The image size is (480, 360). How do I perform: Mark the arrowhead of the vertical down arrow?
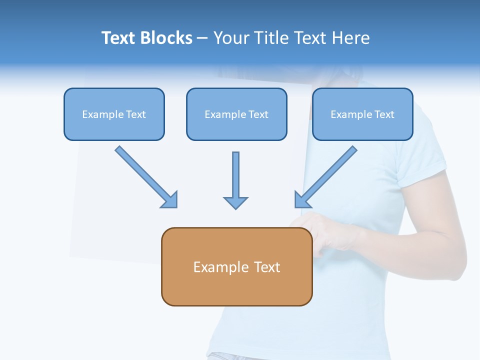(235, 202)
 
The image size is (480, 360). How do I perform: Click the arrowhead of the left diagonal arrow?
(170, 200)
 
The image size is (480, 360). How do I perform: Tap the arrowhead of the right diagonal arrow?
(301, 199)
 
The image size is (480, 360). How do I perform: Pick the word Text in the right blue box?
(384, 114)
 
